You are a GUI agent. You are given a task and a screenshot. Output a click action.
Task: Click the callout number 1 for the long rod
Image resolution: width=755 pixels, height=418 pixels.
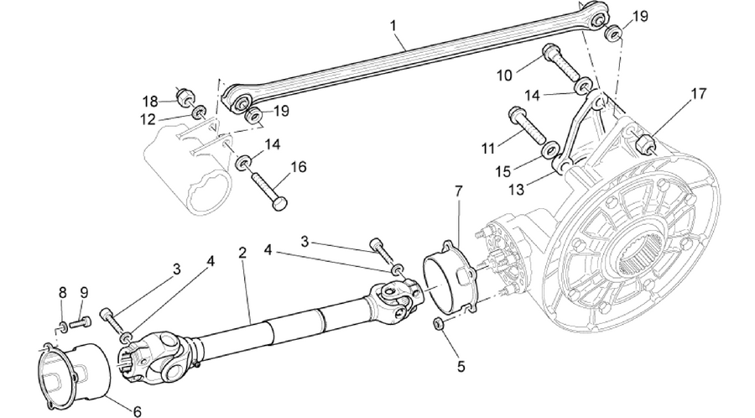pos(394,25)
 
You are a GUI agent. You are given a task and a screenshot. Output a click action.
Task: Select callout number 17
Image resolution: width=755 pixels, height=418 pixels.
pos(698,93)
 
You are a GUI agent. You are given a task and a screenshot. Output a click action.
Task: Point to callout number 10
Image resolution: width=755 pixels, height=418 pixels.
pos(505,76)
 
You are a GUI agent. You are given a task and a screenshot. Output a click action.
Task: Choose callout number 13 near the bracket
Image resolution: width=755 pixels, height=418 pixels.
pos(516,190)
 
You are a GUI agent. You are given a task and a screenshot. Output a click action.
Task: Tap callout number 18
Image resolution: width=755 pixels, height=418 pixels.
pos(151,102)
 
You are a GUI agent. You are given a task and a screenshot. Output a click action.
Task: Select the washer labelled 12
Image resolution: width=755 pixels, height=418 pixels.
pos(198,113)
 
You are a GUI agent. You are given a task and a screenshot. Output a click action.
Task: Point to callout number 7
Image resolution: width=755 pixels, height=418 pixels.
pos(458,191)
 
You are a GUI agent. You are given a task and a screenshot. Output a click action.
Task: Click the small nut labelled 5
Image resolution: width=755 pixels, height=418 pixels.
pos(438,322)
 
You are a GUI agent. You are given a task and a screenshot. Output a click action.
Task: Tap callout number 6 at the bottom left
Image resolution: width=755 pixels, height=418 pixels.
pos(138,411)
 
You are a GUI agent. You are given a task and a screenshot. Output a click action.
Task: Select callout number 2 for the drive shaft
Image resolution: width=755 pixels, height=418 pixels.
pos(242,253)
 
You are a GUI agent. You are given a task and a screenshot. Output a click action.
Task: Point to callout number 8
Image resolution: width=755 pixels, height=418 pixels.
pos(62,292)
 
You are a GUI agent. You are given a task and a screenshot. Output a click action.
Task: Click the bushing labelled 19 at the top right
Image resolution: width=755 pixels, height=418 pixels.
pos(613,34)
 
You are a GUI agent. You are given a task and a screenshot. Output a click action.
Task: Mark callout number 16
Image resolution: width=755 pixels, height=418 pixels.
pos(298,167)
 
